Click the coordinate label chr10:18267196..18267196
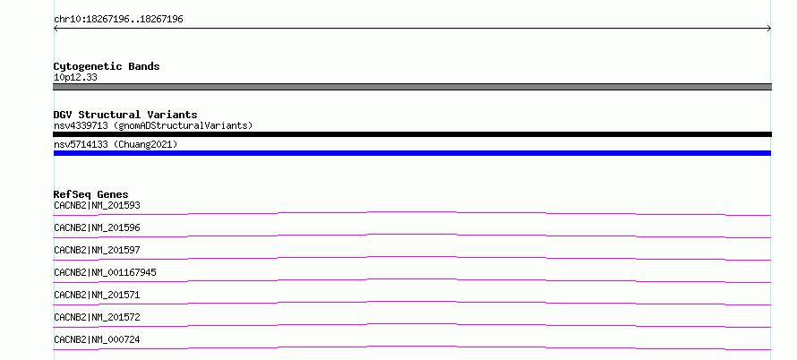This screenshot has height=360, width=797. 118,20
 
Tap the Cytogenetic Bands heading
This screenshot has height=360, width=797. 107,66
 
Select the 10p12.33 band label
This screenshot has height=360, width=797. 75,78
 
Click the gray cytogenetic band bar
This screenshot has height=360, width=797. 412,87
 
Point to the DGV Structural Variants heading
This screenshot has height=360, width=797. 125,115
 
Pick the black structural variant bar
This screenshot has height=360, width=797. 412,134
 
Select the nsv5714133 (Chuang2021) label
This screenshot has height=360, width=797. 116,144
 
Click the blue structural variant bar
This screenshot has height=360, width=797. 412,153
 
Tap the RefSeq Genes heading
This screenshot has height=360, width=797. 91,194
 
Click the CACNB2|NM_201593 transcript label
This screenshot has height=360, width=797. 97,205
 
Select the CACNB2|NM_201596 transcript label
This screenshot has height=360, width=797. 97,227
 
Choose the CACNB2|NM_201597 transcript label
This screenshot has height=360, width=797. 97,250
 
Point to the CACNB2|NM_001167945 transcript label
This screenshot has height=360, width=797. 105,272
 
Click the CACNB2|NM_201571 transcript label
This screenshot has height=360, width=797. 97,295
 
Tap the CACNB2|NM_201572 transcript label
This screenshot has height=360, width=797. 97,317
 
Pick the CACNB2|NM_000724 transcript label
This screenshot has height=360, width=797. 97,339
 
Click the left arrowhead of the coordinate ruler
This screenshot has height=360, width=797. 55,29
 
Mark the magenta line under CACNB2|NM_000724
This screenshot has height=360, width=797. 412,347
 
